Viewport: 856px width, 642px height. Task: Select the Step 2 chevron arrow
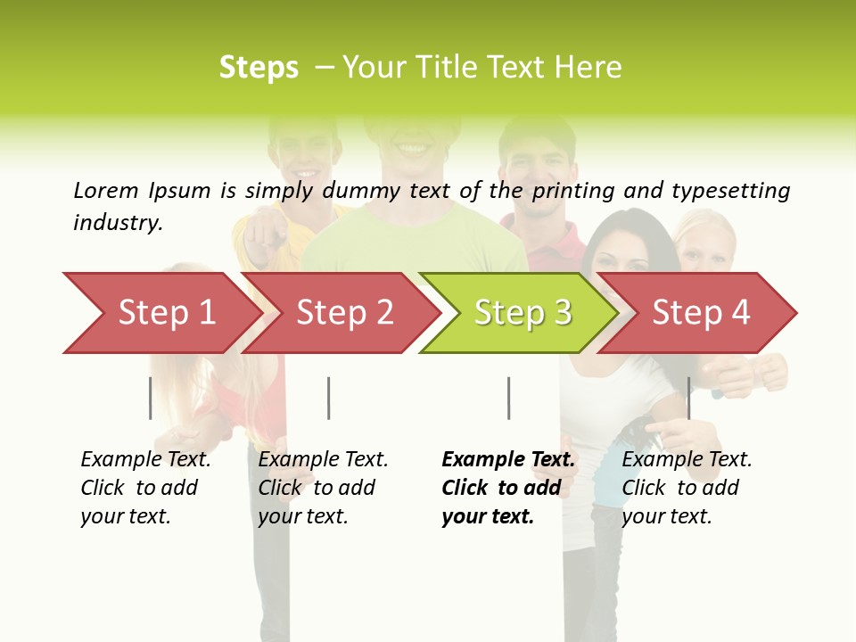[343, 312]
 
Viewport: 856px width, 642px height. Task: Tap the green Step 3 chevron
[522, 312]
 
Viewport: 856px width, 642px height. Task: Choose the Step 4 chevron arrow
[700, 312]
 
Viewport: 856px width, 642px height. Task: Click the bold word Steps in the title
[259, 67]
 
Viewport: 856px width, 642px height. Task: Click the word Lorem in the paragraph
[106, 190]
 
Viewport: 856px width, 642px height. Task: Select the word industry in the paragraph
[118, 222]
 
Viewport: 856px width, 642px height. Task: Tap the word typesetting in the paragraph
[730, 191]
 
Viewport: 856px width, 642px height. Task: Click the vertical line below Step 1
[150, 398]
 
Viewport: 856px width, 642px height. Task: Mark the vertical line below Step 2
[328, 398]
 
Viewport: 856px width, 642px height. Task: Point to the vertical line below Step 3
[508, 398]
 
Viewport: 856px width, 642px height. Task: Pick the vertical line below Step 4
[688, 398]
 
